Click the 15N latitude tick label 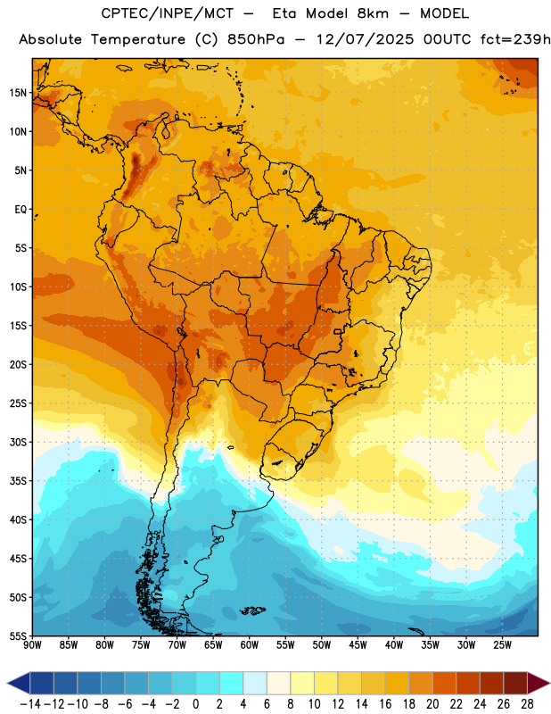[18, 93]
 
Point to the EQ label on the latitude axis [21, 210]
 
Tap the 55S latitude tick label [18, 635]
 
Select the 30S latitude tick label [18, 442]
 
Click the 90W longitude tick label [32, 645]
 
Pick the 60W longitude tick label [250, 645]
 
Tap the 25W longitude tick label [502, 645]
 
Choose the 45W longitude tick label [358, 645]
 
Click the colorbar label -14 [30, 704]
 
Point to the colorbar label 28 [527, 704]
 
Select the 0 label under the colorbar [196, 704]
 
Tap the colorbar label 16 [385, 704]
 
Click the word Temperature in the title [138, 39]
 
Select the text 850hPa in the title [256, 39]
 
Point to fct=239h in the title [515, 39]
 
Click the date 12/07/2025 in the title [365, 39]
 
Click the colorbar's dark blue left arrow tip [7, 683]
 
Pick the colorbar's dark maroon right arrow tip [549, 683]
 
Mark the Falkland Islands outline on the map [252, 610]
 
